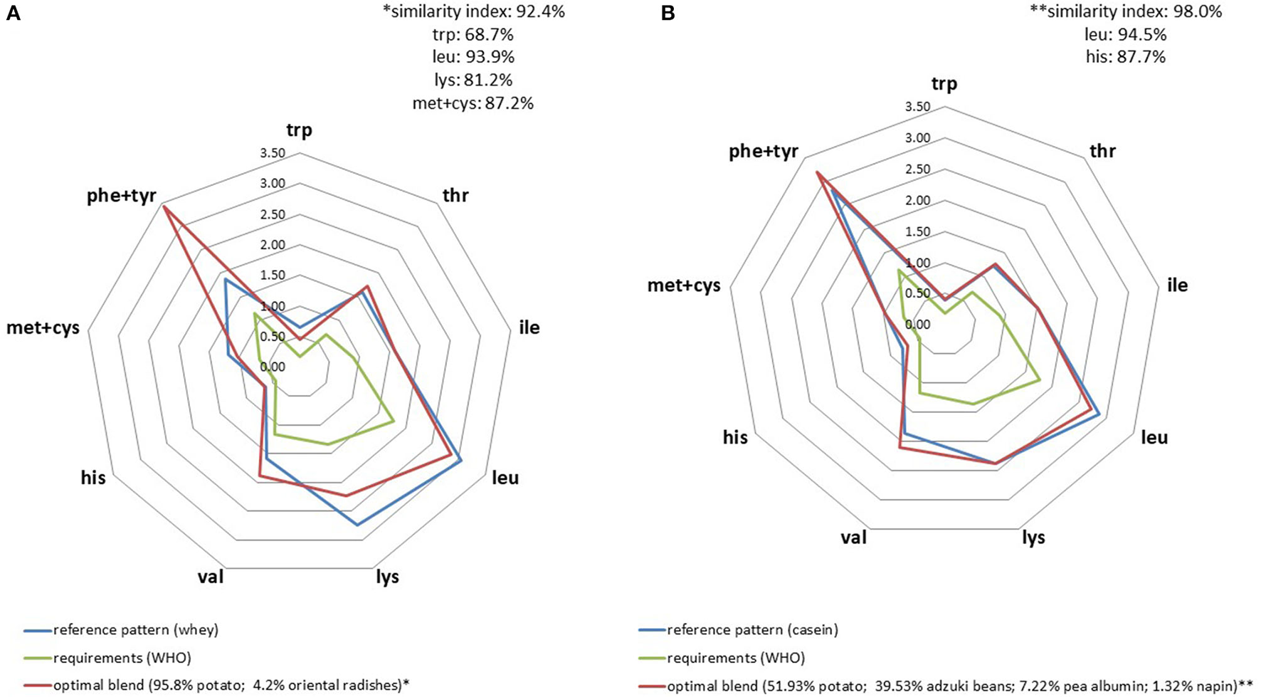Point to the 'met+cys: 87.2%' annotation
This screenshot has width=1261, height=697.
coord(473,103)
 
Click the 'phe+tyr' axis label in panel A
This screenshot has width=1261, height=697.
coord(121,196)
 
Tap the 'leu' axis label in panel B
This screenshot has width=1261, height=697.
coord(1154,437)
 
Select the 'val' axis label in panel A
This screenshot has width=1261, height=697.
coord(211,576)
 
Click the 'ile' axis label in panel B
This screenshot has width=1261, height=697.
coord(1178,285)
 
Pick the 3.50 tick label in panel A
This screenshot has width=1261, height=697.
coord(273,154)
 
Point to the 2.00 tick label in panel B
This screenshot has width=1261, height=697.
coord(918,201)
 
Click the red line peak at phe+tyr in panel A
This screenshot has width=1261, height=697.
coord(164,206)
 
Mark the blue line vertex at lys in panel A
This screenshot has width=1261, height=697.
coord(357,525)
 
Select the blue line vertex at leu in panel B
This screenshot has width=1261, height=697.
coord(1100,414)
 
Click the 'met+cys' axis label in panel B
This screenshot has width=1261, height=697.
coord(683,285)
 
